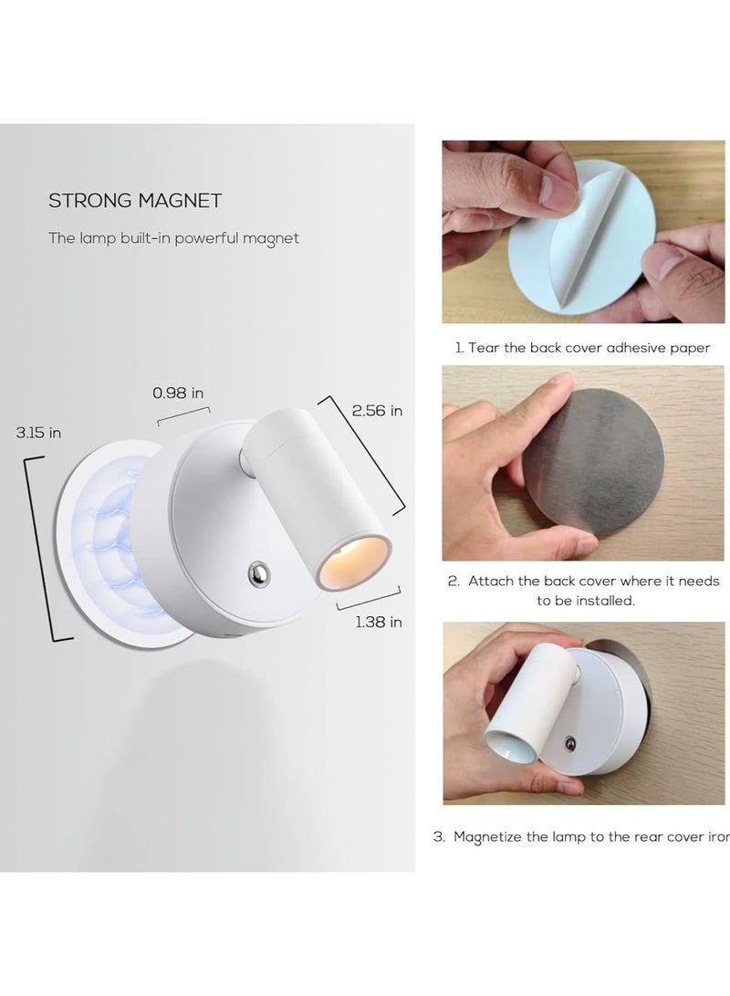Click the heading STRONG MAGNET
point(135,200)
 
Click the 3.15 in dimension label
point(38,433)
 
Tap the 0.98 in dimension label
point(178,393)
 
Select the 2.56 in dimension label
point(378,411)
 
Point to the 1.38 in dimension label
point(378,622)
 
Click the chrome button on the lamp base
point(256,572)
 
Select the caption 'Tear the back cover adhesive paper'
point(583,348)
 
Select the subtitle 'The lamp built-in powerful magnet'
point(173,238)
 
